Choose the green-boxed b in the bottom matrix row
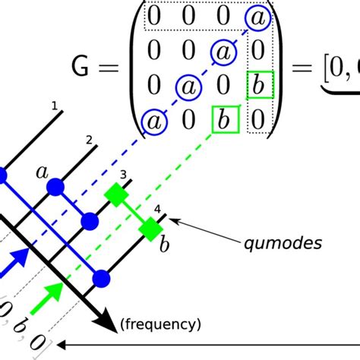pos(224,119)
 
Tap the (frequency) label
pos(161,325)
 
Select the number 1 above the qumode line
pos(54,106)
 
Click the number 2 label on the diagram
pos(89,140)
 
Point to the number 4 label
pos(156,209)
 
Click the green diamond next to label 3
pos(115,195)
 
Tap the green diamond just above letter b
pos(150,228)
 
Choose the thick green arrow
pos(52,292)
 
